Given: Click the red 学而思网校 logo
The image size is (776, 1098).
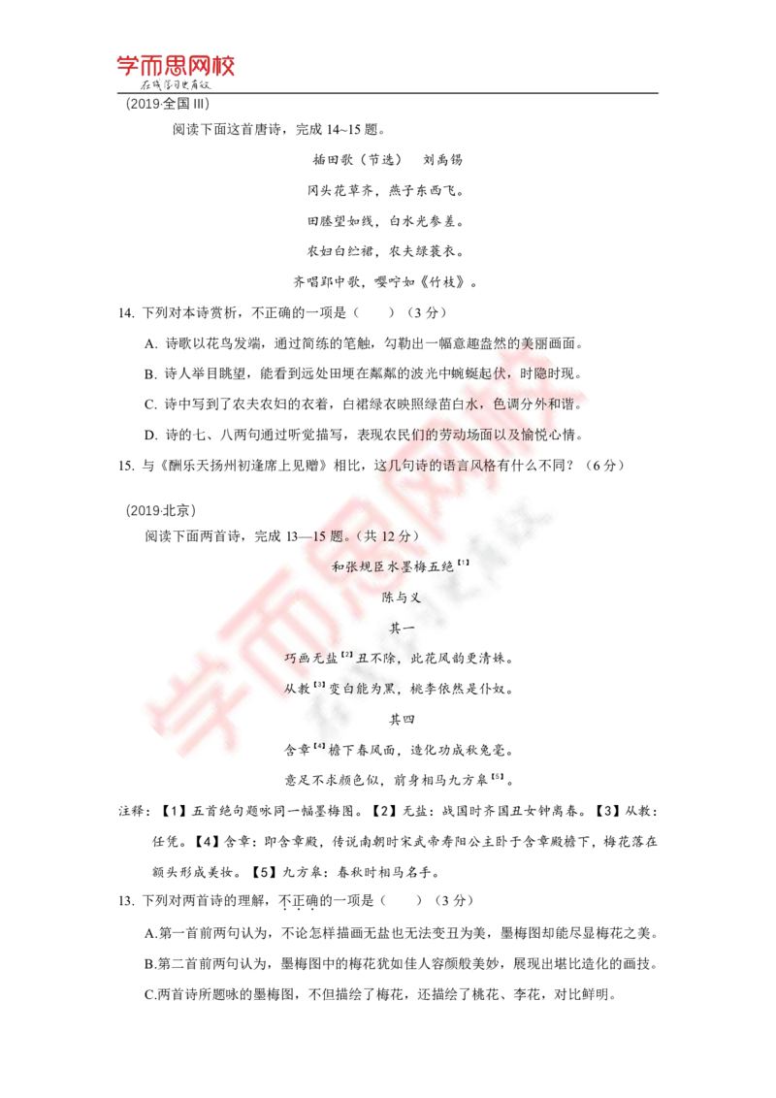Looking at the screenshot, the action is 176,67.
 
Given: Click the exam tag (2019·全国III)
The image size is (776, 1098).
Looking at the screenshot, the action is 168,104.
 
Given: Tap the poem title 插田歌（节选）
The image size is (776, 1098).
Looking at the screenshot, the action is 357,160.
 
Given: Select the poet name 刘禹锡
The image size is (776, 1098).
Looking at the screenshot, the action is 442,160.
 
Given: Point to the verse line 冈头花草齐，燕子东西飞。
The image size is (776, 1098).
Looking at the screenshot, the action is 386,190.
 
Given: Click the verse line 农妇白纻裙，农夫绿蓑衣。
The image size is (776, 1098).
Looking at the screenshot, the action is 386,250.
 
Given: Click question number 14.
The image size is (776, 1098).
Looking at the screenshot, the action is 126,313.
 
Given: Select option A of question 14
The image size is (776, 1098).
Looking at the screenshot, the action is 364,343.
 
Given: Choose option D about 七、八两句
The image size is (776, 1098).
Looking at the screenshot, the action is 364,435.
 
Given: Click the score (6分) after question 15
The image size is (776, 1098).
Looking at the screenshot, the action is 603,466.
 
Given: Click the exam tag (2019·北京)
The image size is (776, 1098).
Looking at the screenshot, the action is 161,510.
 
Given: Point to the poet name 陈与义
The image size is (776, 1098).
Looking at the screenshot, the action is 402,597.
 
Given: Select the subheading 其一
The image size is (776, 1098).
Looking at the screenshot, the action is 402,629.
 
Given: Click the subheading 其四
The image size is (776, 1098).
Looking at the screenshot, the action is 402,719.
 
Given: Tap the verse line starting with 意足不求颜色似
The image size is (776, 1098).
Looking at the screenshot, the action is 399,780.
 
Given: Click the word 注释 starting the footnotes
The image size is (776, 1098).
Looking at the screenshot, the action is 132,811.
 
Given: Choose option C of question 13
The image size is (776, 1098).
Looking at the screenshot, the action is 379,994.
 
